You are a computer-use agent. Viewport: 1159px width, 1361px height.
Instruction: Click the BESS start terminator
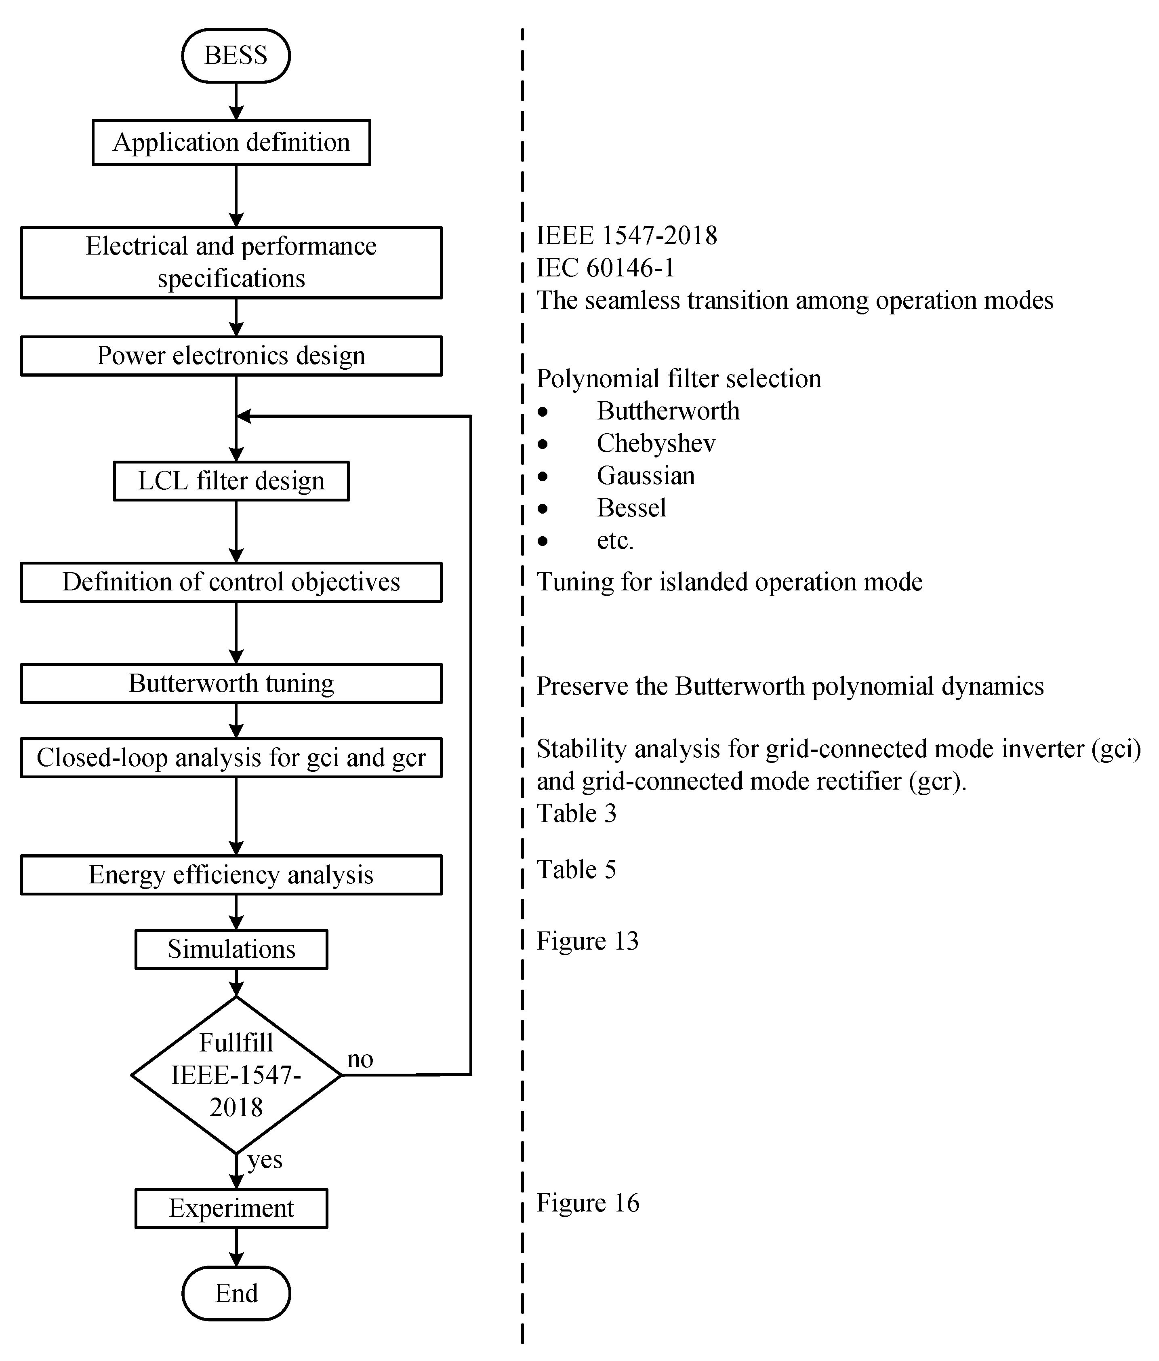236,56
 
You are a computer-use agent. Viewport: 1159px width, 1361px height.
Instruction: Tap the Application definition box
231,143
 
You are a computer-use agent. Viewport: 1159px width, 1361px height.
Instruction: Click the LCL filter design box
231,481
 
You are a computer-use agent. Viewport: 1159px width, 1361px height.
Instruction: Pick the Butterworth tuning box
231,683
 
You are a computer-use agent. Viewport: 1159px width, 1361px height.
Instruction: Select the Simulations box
231,949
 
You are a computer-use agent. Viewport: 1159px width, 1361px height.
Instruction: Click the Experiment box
231,1208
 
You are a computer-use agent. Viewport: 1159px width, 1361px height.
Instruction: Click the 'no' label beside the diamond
360,1059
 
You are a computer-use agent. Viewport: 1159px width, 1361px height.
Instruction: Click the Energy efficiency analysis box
231,874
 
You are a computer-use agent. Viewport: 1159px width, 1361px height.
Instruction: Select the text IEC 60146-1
605,268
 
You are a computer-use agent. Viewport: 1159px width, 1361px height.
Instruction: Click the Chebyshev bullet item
655,443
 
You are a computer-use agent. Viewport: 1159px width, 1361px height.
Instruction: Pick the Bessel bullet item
631,508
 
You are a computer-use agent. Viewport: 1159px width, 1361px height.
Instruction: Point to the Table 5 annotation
576,869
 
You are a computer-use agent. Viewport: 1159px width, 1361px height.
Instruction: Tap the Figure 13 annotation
587,941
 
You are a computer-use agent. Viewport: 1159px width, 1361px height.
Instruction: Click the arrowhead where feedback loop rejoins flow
243,416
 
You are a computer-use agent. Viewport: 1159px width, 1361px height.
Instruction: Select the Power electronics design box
231,355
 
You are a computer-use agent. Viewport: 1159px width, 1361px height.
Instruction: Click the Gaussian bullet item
646,476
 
